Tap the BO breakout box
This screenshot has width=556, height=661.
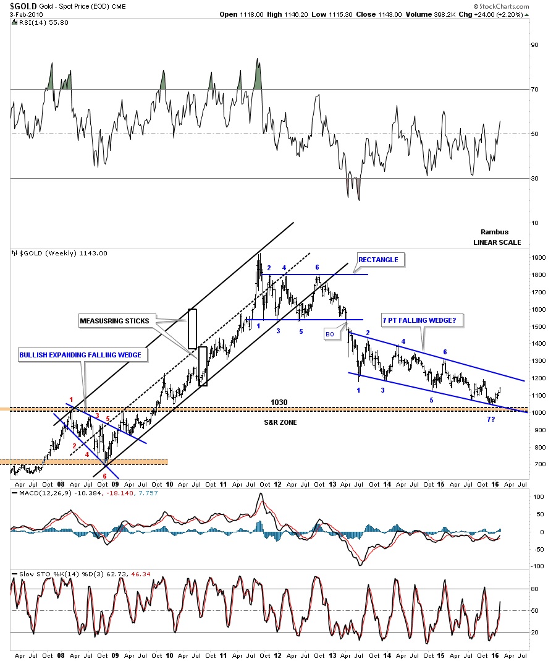click(331, 334)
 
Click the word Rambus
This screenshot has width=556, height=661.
click(494, 232)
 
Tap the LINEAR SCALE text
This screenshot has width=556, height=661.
click(497, 242)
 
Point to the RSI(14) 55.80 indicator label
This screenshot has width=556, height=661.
click(36, 22)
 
